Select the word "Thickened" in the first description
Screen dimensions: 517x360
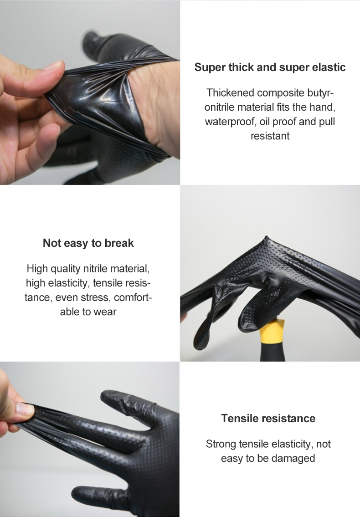coord(230,93)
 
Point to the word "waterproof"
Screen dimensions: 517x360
coord(229,122)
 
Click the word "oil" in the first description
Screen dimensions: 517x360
coord(266,122)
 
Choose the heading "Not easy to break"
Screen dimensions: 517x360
coord(88,243)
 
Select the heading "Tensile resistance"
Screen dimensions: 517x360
coord(268,418)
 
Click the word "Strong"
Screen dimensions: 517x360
coord(221,444)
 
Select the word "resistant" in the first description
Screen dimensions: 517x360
coord(270,136)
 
